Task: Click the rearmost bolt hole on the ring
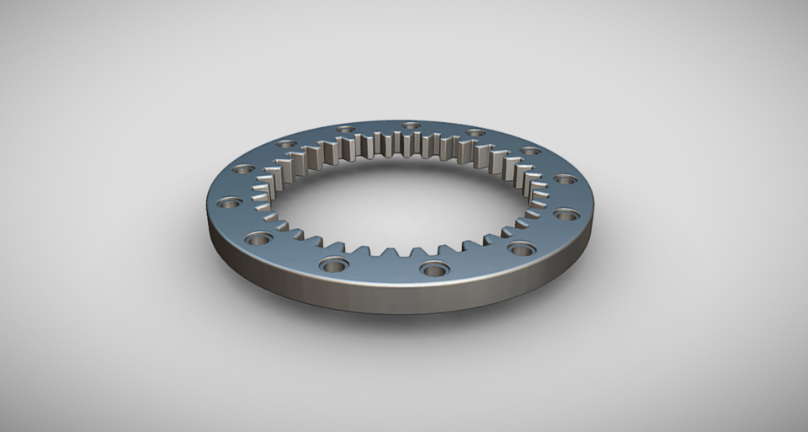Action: pos(411,126)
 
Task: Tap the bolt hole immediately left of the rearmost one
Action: pos(345,130)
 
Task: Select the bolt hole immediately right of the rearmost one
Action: pos(476,133)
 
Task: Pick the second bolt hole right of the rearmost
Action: pos(530,152)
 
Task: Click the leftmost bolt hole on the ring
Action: pos(229,203)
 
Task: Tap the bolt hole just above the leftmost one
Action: pos(243,169)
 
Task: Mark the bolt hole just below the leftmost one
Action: pos(258,239)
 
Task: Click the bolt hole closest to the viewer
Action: pos(434,270)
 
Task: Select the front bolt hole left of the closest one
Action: pos(334,265)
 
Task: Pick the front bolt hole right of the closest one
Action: pos(522,249)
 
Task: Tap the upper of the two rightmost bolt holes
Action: pos(566,179)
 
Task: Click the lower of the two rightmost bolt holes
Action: pos(566,215)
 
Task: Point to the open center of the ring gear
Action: pos(396,202)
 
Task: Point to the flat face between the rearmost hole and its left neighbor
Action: pos(378,127)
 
